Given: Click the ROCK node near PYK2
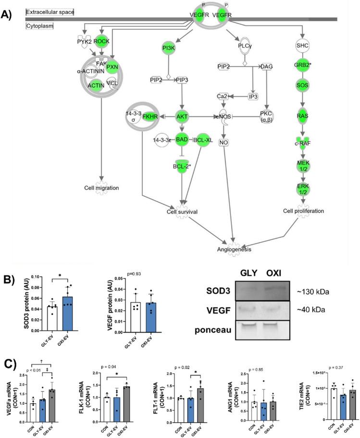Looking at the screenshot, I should (101, 42).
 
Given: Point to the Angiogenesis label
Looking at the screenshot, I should (233, 249).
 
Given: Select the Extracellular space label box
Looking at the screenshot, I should (50, 12).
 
